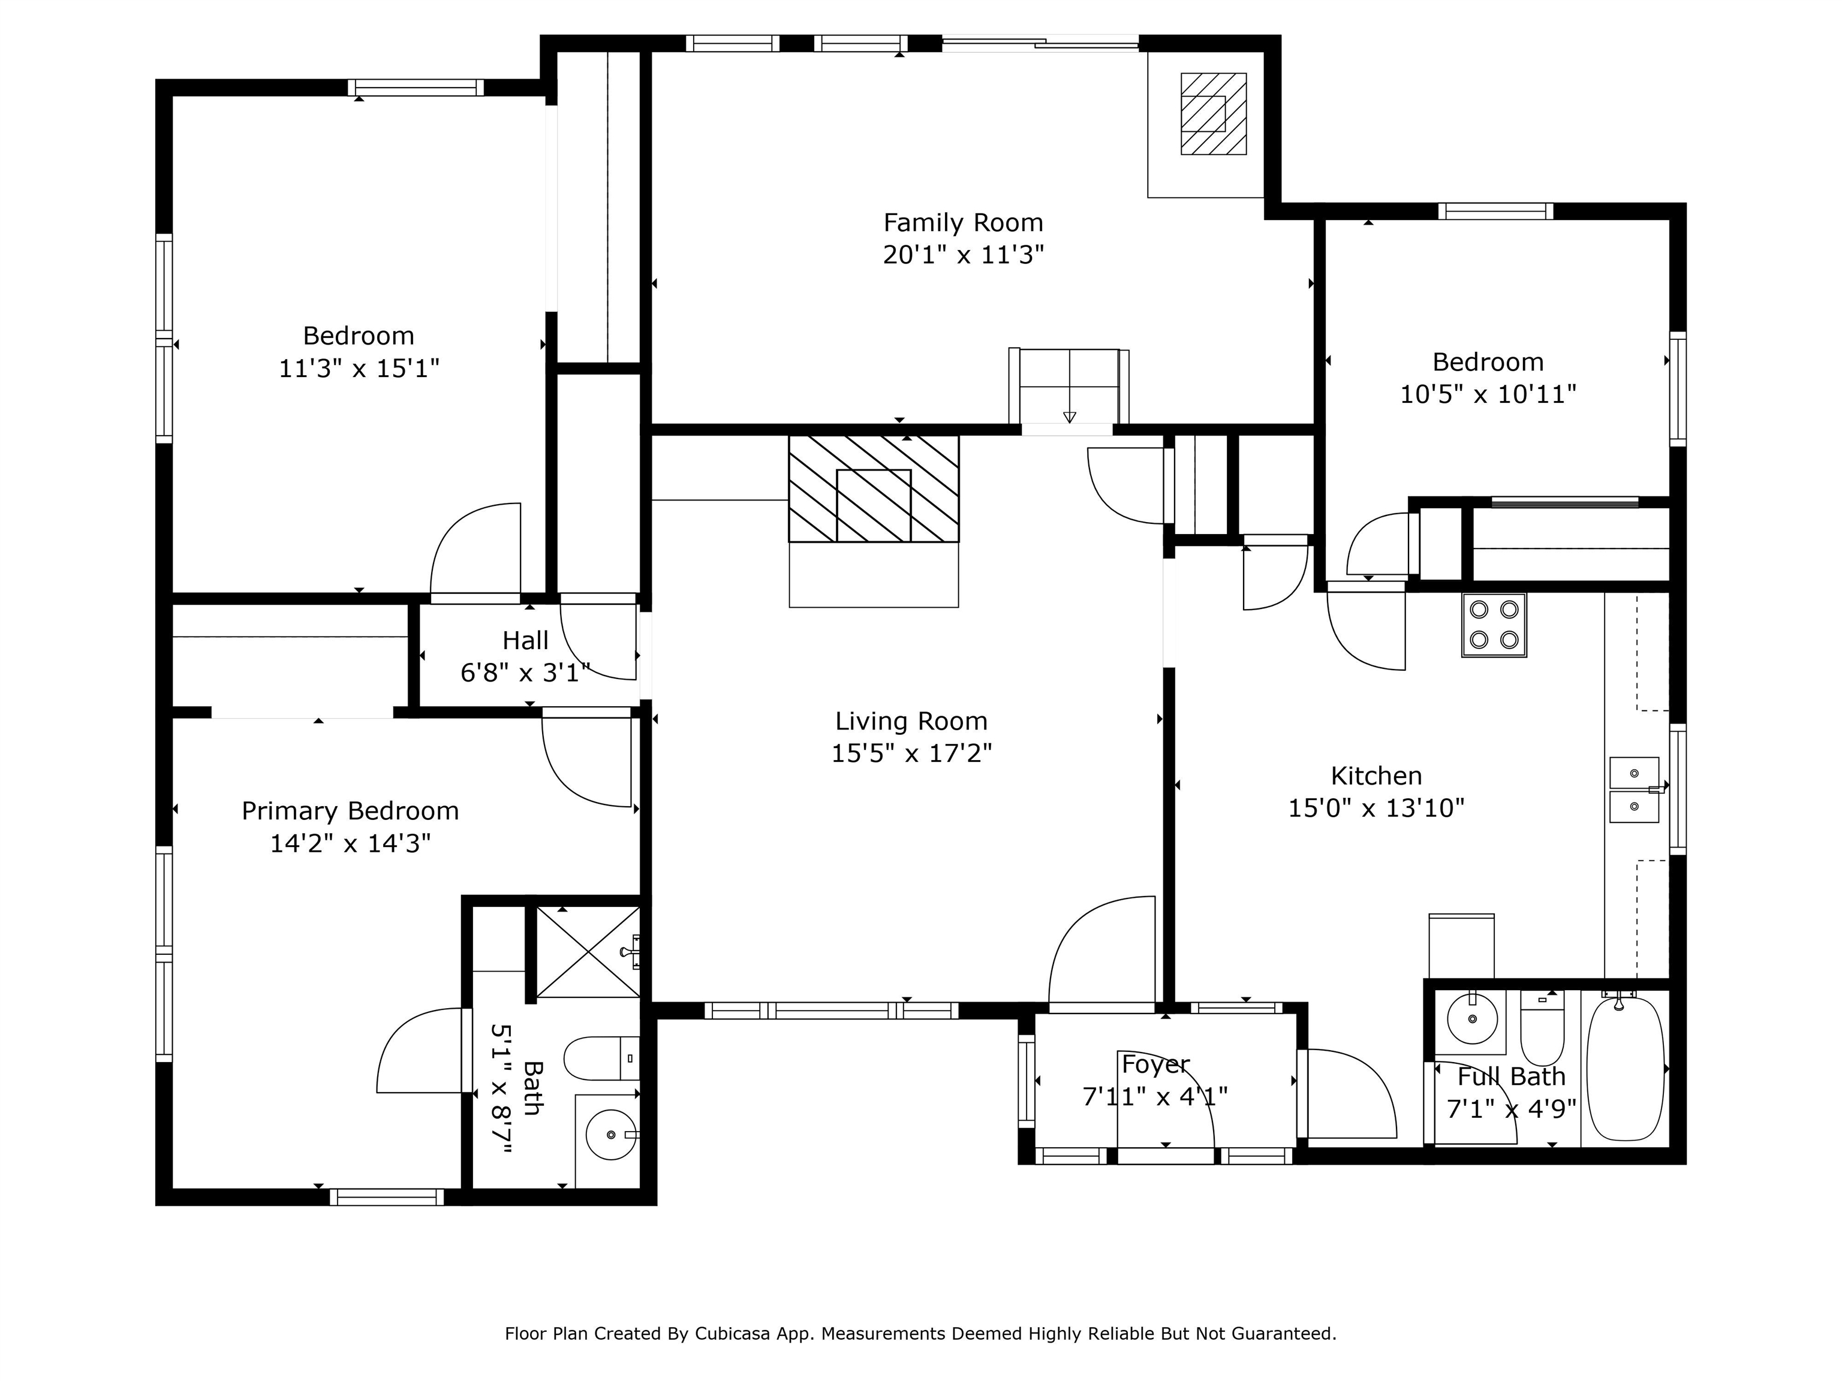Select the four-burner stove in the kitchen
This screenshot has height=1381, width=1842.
pos(1494,625)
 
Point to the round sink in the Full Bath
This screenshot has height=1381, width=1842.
pos(1471,1018)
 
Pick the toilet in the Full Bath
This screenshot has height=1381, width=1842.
pos(1542,1027)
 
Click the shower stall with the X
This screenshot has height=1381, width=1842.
pos(588,951)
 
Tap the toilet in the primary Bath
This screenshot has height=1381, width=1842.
pos(601,1059)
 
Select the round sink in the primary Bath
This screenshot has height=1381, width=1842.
pos(611,1134)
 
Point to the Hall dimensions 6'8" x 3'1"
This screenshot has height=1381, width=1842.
pos(525,673)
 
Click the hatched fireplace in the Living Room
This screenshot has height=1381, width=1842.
pos(874,489)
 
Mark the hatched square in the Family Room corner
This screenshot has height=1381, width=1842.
pos(1213,114)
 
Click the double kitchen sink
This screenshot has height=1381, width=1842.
pos(1634,789)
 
